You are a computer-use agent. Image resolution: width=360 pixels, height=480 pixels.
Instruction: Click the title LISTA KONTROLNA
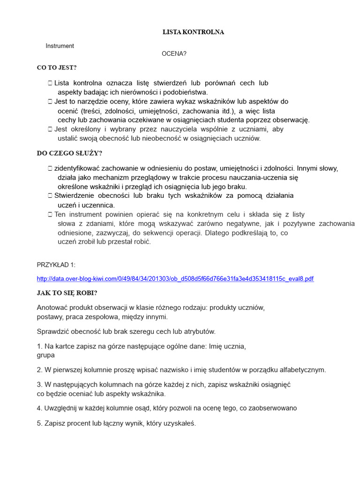[193, 32]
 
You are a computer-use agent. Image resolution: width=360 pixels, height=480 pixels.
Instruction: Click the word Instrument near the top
[60, 46]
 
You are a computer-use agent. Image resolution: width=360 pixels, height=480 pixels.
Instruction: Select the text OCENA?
[174, 54]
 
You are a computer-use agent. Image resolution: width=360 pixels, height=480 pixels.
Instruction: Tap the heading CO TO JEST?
[57, 67]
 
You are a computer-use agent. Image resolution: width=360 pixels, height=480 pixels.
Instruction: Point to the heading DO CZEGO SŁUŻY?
[69, 153]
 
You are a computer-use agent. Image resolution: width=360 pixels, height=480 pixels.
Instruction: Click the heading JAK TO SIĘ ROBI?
[67, 293]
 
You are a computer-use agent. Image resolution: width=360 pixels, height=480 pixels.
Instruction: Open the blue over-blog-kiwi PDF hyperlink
[175, 279]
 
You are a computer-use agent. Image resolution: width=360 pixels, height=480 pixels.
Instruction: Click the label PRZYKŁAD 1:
[56, 265]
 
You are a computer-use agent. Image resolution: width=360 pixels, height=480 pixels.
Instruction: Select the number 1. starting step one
[39, 346]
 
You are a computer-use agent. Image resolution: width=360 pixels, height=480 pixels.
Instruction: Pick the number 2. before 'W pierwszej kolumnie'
[39, 370]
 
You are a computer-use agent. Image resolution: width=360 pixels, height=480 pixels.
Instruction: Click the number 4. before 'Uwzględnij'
[39, 408]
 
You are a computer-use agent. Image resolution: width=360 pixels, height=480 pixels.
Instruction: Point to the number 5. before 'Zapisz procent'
[39, 423]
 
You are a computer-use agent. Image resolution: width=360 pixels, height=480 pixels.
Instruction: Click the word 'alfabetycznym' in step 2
[303, 370]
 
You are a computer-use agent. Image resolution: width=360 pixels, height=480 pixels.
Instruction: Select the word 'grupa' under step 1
[45, 355]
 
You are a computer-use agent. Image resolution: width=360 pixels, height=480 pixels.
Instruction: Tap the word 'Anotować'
[52, 308]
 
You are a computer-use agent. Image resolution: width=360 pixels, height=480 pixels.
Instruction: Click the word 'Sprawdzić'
[52, 331]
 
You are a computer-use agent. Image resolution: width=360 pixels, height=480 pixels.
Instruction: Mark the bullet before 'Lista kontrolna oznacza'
[50, 83]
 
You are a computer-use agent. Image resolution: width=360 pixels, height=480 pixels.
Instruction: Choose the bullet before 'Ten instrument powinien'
[50, 214]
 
